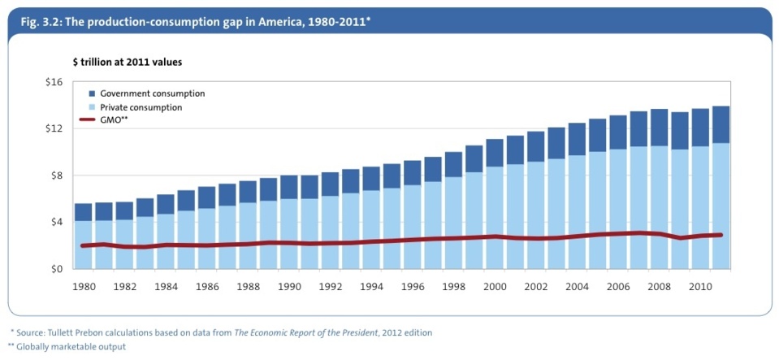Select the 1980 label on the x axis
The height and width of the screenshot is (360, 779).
84,286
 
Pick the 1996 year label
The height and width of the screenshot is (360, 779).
412,286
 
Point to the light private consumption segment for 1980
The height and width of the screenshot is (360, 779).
84,244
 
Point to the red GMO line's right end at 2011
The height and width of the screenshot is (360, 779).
721,235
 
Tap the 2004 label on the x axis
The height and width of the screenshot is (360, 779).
576,286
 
